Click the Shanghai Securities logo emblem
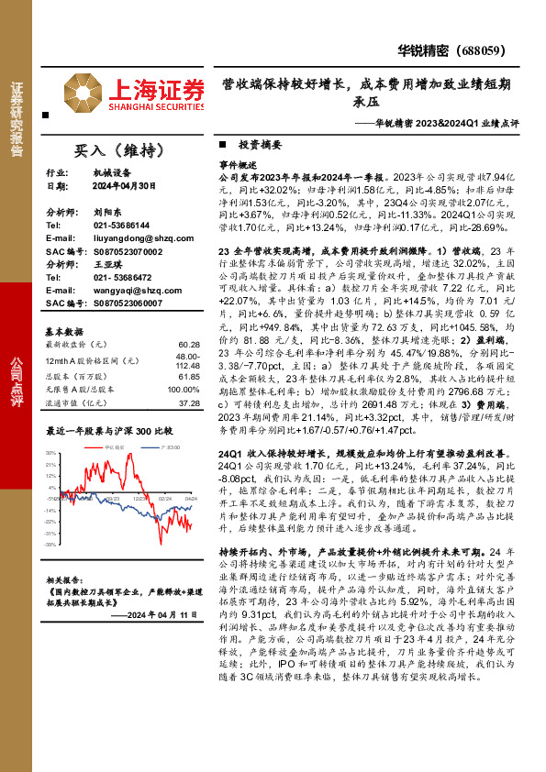tap(84, 93)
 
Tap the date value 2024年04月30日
tap(124, 185)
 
